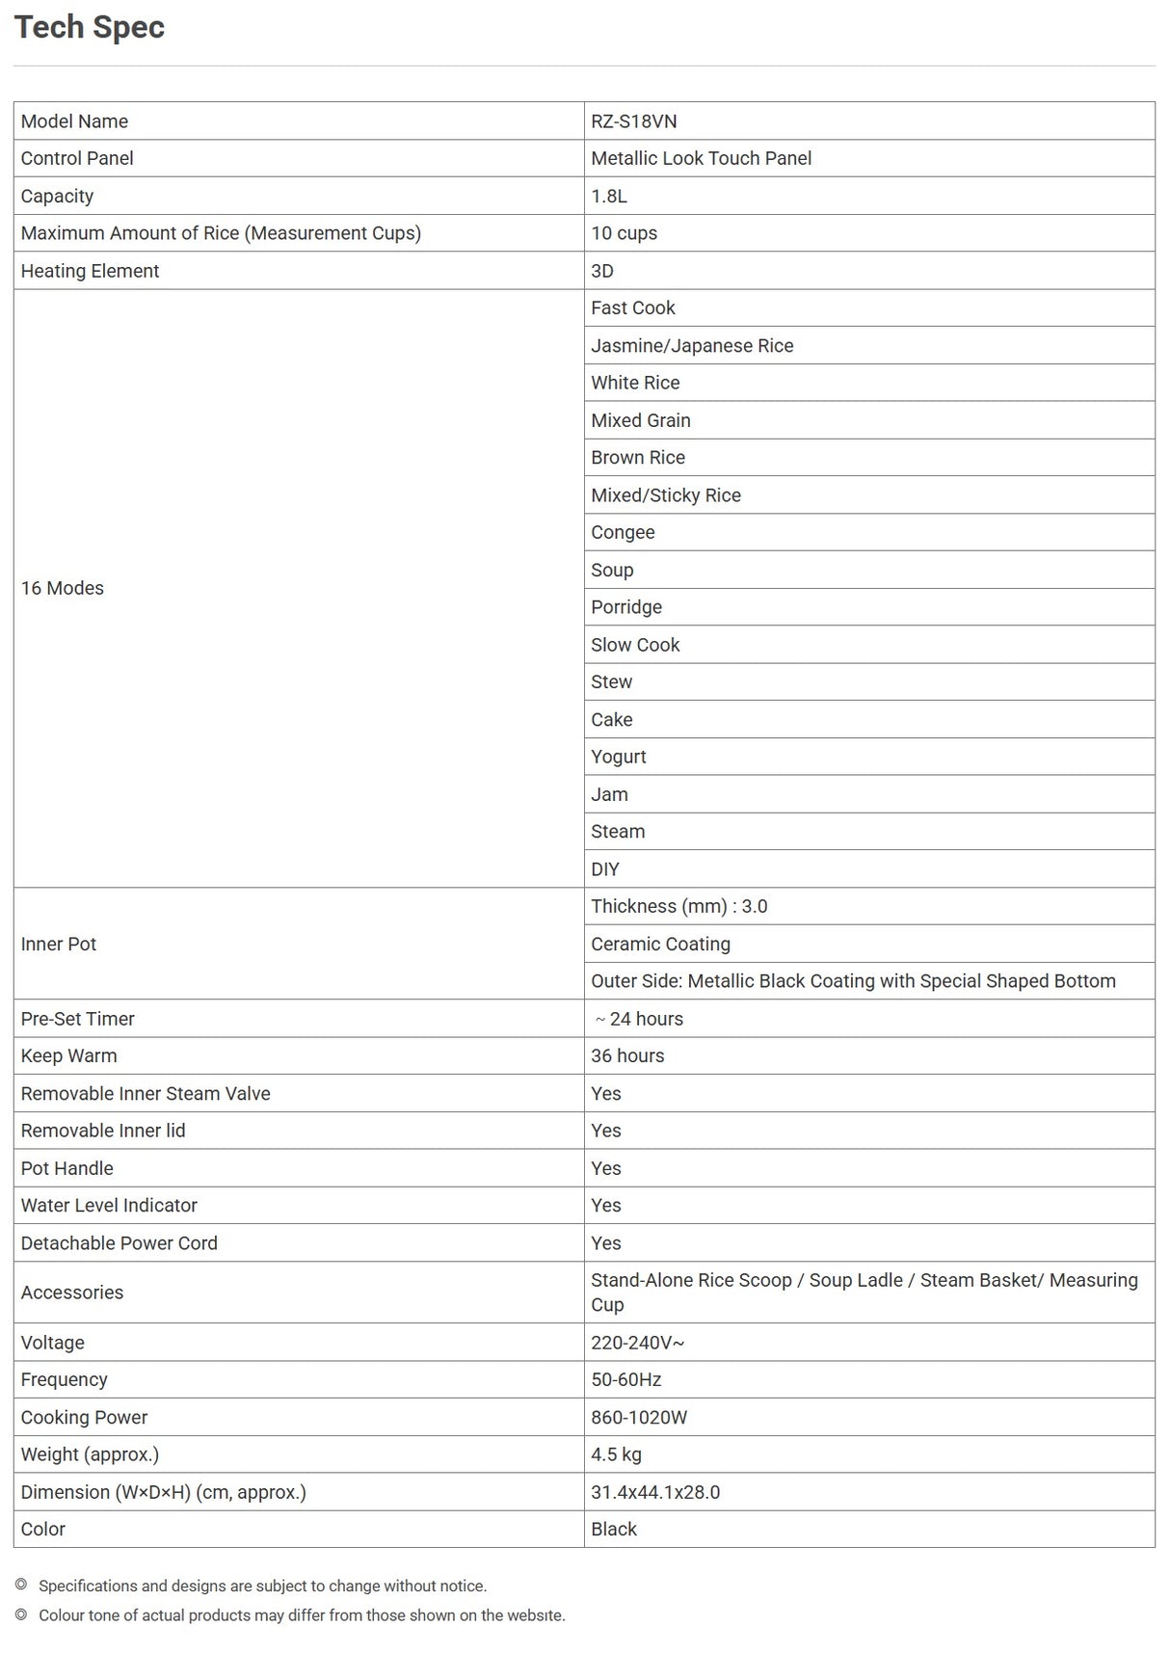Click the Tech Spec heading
coord(90,27)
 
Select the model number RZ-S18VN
coord(633,121)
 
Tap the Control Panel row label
coord(77,158)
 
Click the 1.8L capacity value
coord(609,196)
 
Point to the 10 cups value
coord(624,233)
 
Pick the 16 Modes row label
coord(63,588)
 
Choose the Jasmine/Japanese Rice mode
coord(692,345)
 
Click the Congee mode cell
coord(623,532)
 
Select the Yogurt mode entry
coord(618,757)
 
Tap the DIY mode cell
coord(605,868)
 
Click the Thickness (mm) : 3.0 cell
coord(678,906)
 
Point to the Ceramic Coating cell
coord(660,944)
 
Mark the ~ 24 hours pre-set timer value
coord(638,1019)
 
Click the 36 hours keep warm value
coord(627,1055)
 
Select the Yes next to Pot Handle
coord(606,1168)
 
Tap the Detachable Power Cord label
coord(120,1243)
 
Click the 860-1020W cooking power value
coord(639,1417)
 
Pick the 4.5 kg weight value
coord(616,1454)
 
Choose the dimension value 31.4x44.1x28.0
coord(655,1492)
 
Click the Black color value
coord(614,1529)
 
